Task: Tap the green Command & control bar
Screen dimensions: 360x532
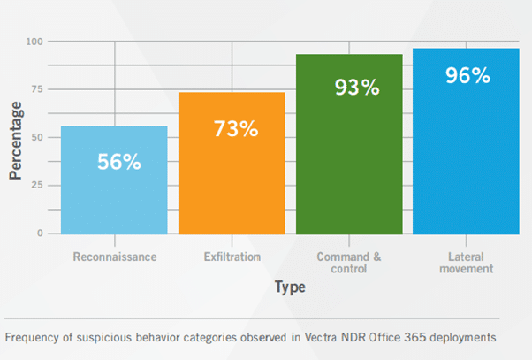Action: (x=349, y=168)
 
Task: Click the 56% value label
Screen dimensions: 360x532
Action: (x=118, y=163)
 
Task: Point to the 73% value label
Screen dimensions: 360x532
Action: (x=235, y=128)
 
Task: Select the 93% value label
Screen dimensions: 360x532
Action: (x=356, y=88)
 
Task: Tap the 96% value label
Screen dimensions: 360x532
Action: (x=468, y=76)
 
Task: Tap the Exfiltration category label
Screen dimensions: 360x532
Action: (x=232, y=257)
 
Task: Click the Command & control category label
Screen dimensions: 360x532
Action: (x=349, y=263)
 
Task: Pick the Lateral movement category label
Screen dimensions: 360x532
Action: (x=466, y=263)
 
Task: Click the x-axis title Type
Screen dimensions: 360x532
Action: (x=289, y=287)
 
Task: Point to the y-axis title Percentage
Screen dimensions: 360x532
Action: (x=15, y=139)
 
